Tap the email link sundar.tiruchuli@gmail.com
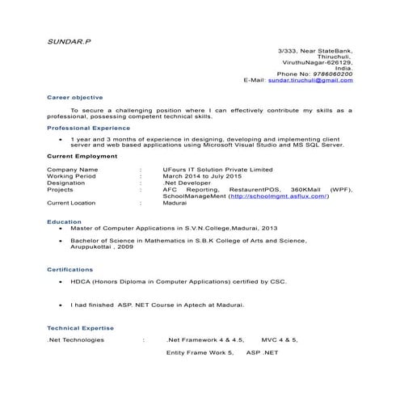click(310, 81)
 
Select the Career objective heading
click(75, 97)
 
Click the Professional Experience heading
click(88, 128)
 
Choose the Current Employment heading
click(82, 155)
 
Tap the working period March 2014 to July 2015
click(202, 176)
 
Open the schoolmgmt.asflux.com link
click(279, 196)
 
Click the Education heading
click(64, 221)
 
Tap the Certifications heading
click(70, 269)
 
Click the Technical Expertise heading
click(80, 328)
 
